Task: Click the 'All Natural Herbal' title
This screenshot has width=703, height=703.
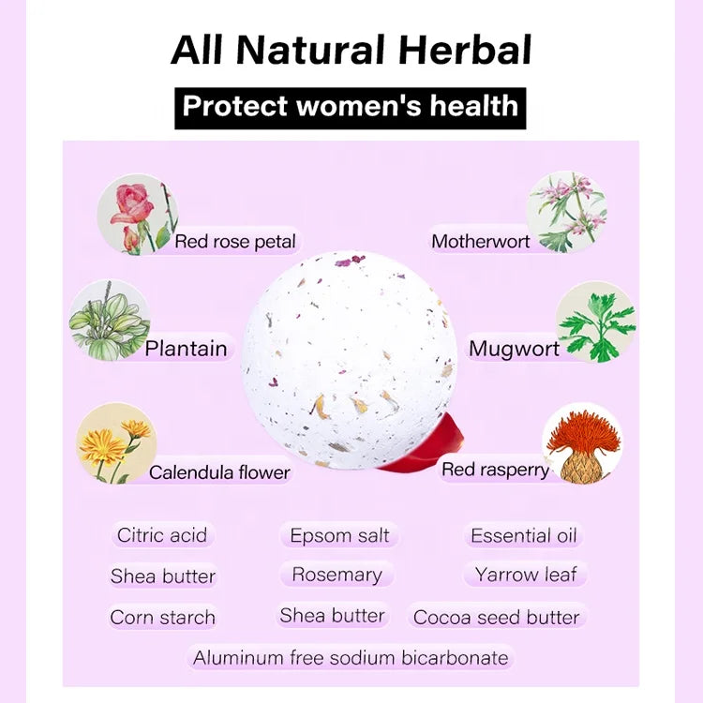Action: click(351, 51)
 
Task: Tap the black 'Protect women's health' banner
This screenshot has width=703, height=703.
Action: click(351, 108)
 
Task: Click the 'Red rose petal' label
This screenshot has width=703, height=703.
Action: click(235, 242)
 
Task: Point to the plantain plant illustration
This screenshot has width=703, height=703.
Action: click(110, 321)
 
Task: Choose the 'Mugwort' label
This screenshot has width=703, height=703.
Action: click(514, 349)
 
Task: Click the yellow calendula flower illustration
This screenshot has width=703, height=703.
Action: click(116, 443)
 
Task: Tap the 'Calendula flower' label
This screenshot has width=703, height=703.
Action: click(219, 472)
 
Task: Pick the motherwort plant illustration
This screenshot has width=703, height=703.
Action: click(567, 212)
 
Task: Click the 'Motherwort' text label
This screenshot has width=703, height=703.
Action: click(481, 242)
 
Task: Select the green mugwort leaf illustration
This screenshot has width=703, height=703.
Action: click(596, 322)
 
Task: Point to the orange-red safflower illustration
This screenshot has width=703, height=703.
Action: click(582, 444)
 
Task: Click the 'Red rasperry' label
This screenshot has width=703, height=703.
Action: click(496, 470)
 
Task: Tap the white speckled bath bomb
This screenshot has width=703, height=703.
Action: click(350, 360)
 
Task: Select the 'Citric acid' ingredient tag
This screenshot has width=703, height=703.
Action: click(162, 535)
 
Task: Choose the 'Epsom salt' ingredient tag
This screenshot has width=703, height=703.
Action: click(339, 535)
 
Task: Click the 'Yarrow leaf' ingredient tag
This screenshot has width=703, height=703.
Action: click(526, 575)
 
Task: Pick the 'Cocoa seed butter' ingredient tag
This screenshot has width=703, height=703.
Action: click(496, 617)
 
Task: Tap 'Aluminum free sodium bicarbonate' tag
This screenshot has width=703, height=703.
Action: click(351, 658)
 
